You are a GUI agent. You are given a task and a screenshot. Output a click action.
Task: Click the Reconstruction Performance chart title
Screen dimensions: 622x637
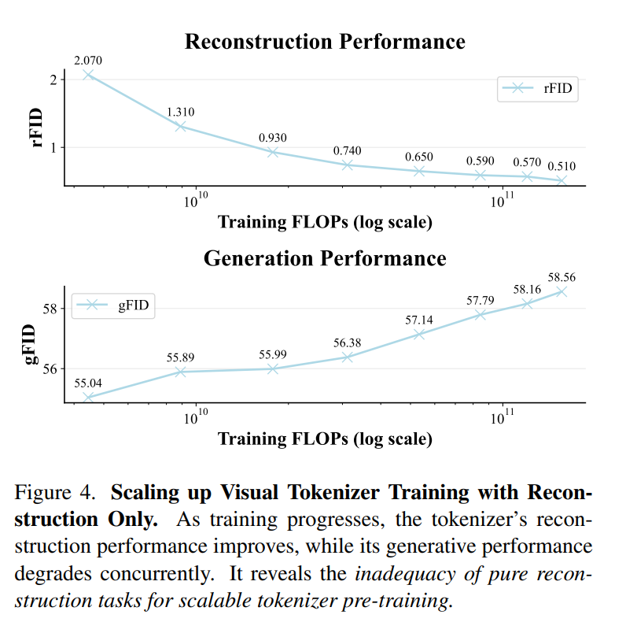click(x=325, y=42)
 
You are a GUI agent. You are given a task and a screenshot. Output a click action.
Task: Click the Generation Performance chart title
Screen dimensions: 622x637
click(x=325, y=258)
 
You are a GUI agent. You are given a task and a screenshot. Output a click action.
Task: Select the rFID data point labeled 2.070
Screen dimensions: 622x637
click(x=89, y=75)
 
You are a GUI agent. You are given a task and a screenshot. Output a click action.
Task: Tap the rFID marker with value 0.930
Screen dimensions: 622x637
click(x=273, y=152)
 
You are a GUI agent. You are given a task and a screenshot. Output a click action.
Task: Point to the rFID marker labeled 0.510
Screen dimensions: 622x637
click(x=562, y=180)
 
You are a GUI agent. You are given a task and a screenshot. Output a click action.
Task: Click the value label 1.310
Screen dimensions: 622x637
click(x=181, y=112)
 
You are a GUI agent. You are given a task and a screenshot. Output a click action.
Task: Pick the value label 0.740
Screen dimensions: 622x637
click(x=348, y=150)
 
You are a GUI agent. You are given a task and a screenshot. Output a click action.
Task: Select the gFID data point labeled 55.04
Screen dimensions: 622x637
click(x=89, y=398)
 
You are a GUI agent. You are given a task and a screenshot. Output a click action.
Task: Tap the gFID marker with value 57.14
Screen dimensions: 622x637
click(x=419, y=334)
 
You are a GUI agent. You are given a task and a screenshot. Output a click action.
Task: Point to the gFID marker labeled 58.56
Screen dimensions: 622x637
click(x=562, y=291)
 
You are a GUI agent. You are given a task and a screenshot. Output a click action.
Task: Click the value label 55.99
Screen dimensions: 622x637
click(x=273, y=354)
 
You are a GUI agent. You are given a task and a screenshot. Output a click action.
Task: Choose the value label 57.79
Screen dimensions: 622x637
click(x=481, y=300)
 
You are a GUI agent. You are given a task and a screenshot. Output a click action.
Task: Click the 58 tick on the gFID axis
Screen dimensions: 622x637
click(x=50, y=309)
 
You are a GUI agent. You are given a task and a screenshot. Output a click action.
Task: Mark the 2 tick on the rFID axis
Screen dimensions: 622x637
click(x=53, y=80)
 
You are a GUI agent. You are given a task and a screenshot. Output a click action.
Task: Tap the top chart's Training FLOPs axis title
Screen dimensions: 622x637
click(x=325, y=222)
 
